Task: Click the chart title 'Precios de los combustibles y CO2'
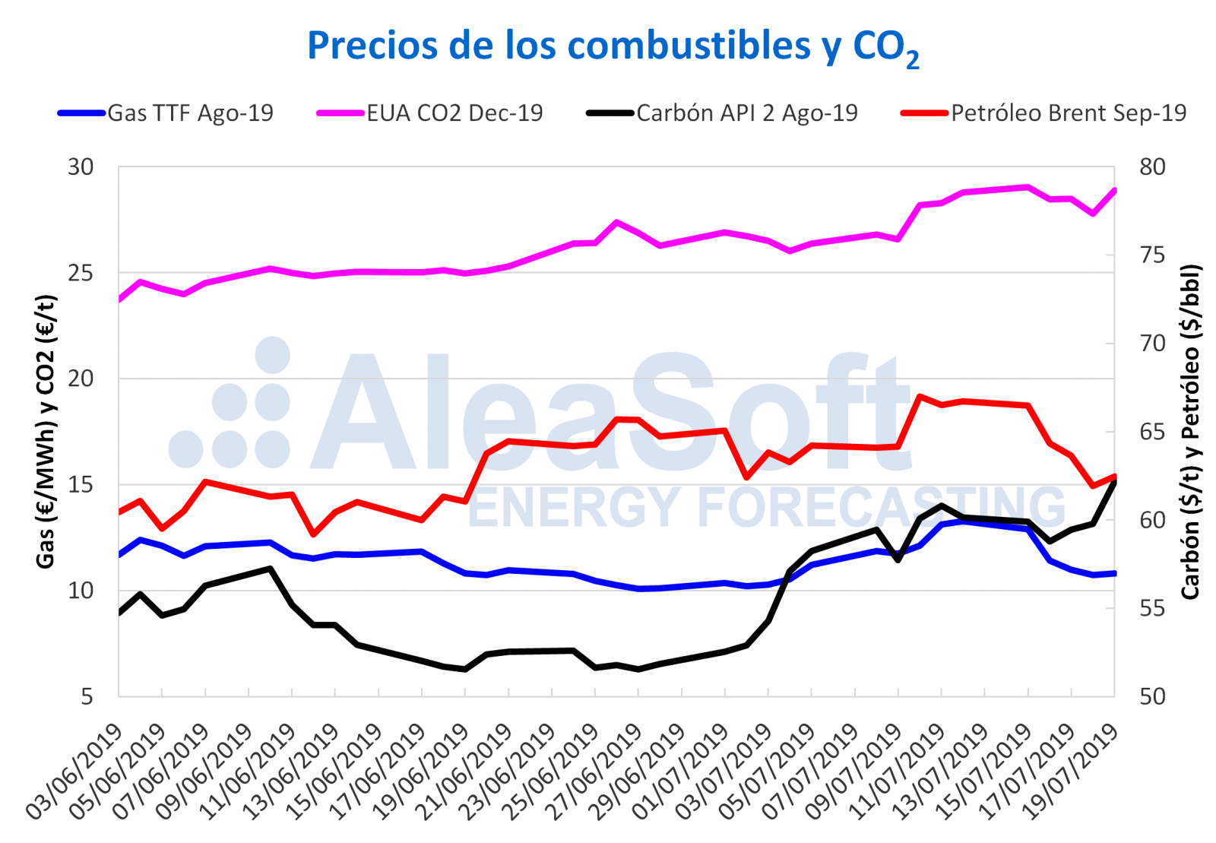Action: pyautogui.click(x=613, y=46)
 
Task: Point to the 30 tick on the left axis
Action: pyautogui.click(x=81, y=167)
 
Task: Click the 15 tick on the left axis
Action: pyautogui.click(x=81, y=485)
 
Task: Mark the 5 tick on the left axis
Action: pyautogui.click(x=87, y=696)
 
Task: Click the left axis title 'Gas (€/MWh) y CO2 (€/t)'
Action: pyautogui.click(x=46, y=432)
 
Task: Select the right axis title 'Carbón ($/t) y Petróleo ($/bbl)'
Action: pyautogui.click(x=1190, y=432)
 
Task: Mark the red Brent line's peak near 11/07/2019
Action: pyautogui.click(x=920, y=396)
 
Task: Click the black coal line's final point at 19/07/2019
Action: pyautogui.click(x=1114, y=482)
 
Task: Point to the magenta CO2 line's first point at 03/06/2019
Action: pyautogui.click(x=119, y=299)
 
